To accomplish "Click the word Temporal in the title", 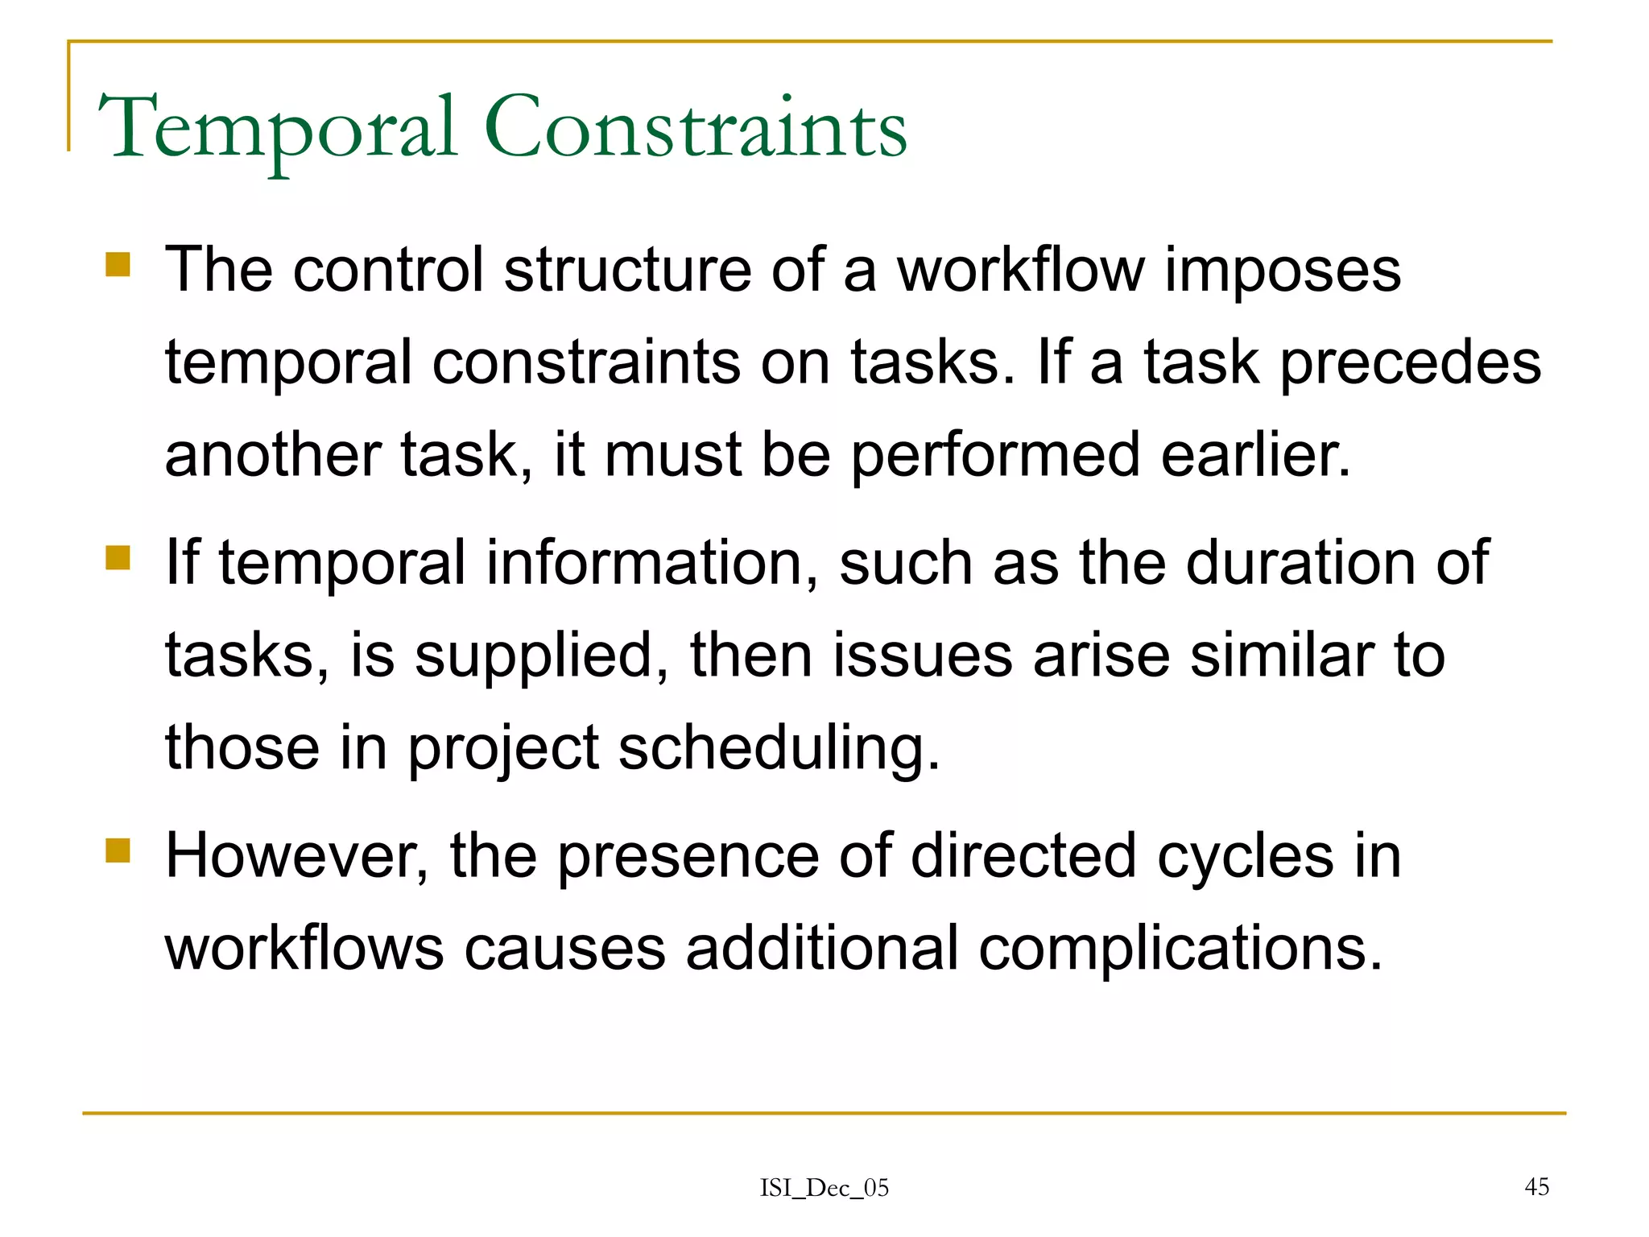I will pyautogui.click(x=278, y=129).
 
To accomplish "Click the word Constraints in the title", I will pyautogui.click(x=695, y=129).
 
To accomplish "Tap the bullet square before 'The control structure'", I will pyautogui.click(x=118, y=265).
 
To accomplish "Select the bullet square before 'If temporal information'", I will pyautogui.click(x=118, y=557).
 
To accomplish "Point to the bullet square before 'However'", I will pyautogui.click(x=118, y=850).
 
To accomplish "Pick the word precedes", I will pyautogui.click(x=1410, y=363).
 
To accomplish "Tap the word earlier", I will pyautogui.click(x=1255, y=455).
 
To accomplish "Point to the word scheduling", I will pyautogui.click(x=779, y=749).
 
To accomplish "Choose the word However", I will pyautogui.click(x=296, y=856).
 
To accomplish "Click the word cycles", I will pyautogui.click(x=1245, y=856).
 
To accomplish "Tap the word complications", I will pyautogui.click(x=1180, y=949).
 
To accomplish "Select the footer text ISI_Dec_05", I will pyautogui.click(x=824, y=1188).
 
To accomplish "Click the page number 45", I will pyautogui.click(x=1536, y=1186).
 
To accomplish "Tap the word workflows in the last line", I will pyautogui.click(x=304, y=949).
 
